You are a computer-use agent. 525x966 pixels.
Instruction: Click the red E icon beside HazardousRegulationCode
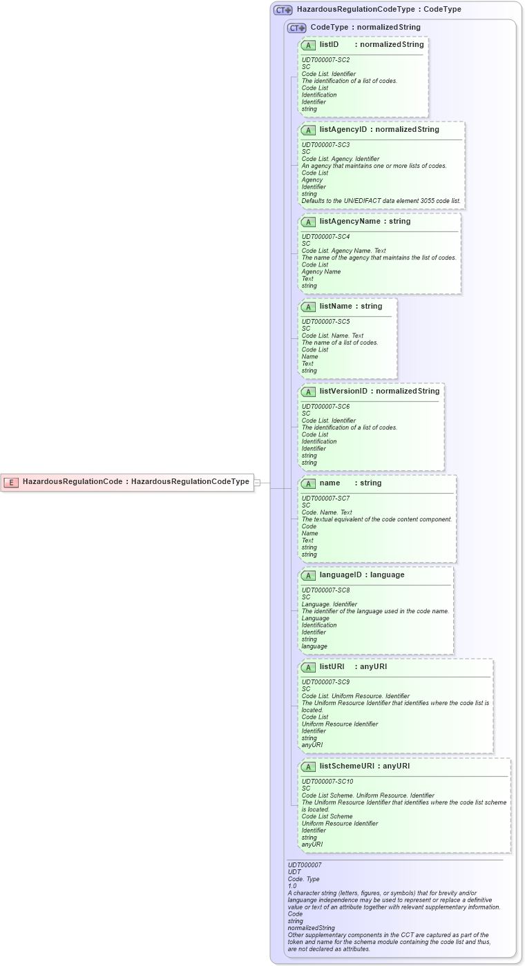click(x=11, y=482)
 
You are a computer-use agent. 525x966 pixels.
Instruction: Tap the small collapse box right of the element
click(x=257, y=483)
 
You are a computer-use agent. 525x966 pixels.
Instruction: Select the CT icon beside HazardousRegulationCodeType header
click(x=283, y=10)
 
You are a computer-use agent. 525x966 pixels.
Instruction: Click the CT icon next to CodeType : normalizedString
click(x=297, y=28)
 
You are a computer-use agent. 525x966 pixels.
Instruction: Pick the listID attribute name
click(x=329, y=45)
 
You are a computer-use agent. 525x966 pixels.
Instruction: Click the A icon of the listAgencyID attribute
click(x=309, y=130)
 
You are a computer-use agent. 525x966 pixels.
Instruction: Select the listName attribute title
click(x=336, y=307)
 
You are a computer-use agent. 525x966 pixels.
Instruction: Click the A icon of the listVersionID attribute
click(x=309, y=392)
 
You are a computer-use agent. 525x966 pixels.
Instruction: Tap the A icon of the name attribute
click(x=309, y=483)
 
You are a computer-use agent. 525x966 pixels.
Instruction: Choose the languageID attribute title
click(x=342, y=575)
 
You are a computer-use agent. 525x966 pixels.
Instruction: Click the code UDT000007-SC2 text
click(x=325, y=60)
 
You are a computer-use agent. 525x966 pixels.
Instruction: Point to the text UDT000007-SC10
click(x=327, y=782)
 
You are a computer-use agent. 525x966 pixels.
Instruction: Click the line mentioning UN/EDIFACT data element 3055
click(x=381, y=201)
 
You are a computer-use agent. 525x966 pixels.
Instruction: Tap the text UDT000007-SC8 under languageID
click(x=325, y=590)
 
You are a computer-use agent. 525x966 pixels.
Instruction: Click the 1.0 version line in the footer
click(x=292, y=886)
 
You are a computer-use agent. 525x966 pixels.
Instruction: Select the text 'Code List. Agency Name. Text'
click(x=343, y=251)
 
